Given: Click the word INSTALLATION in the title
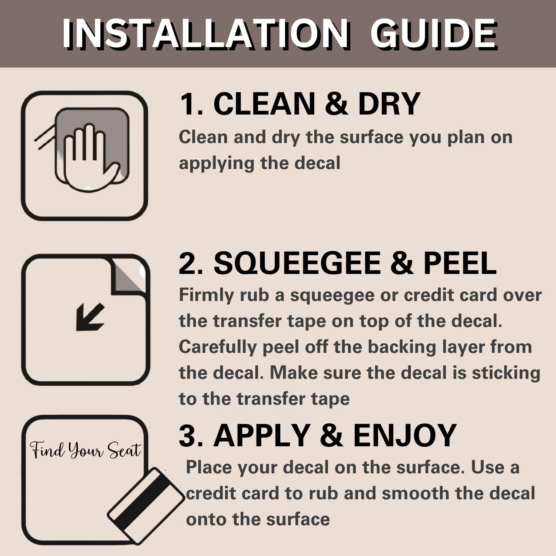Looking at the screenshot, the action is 206,34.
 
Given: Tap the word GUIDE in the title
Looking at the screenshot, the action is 434,34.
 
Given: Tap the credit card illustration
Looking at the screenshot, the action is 146,506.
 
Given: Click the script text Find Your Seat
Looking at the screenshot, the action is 86,450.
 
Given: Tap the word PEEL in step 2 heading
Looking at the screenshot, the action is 460,263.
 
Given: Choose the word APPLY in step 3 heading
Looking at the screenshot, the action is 262,435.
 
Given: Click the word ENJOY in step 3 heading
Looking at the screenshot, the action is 405,435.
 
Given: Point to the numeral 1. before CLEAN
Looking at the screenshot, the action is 191,104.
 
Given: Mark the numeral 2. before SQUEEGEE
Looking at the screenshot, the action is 191,263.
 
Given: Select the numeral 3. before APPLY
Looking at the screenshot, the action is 191,435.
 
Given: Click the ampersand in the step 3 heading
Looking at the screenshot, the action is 331,435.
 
